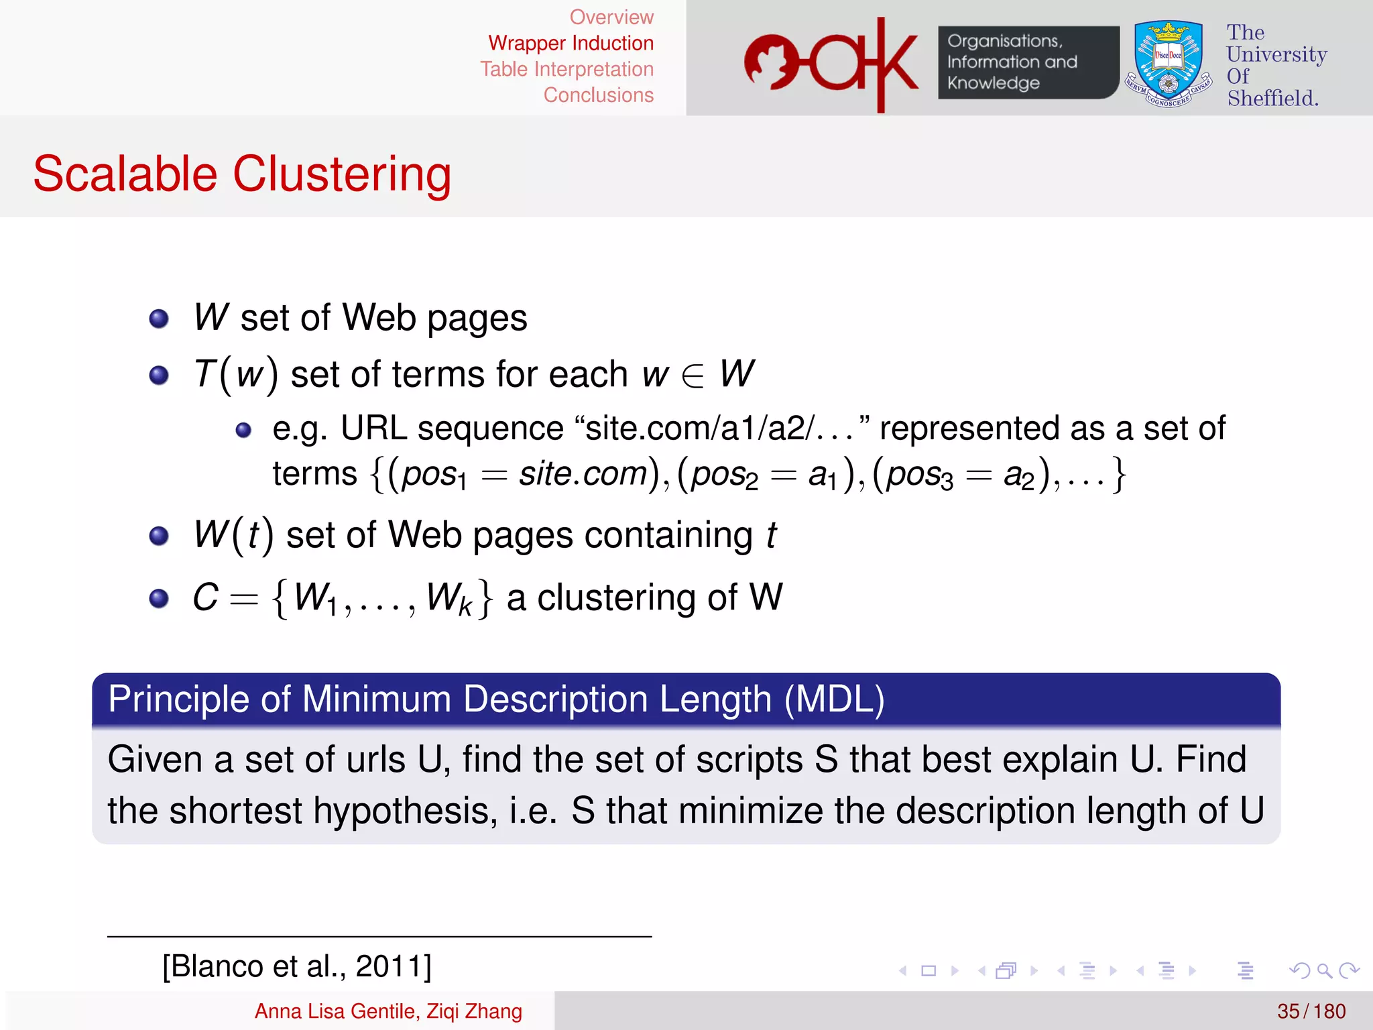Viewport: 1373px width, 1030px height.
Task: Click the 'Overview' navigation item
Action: (x=611, y=17)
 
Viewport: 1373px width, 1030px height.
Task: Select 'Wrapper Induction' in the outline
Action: (x=571, y=43)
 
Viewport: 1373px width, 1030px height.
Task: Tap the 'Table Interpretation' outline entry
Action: (x=566, y=69)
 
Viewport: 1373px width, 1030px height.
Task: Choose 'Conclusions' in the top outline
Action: (x=598, y=95)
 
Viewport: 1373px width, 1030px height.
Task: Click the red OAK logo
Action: (x=831, y=64)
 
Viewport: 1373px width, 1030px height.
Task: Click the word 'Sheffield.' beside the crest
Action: (x=1272, y=99)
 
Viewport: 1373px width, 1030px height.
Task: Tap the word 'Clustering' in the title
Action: (x=342, y=174)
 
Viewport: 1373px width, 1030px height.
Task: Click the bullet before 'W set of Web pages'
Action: (x=159, y=319)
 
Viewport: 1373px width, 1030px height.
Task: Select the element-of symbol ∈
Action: (x=693, y=375)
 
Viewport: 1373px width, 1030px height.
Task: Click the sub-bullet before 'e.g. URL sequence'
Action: (x=243, y=430)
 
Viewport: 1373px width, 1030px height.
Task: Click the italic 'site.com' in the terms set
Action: (x=583, y=474)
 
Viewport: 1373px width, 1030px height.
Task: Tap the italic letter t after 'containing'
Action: (x=771, y=535)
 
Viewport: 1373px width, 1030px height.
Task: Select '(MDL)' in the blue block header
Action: (x=834, y=699)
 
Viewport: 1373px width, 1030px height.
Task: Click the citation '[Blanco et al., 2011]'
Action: (x=297, y=966)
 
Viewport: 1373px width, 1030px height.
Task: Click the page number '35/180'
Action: (x=1311, y=1011)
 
